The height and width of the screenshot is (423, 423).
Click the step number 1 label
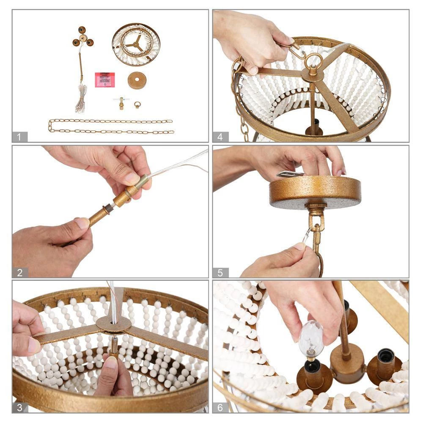(19, 137)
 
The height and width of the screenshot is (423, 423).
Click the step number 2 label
(19, 273)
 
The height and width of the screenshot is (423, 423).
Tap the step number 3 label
(19, 407)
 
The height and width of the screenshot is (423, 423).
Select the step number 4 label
(220, 137)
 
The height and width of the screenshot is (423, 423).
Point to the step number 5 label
(220, 273)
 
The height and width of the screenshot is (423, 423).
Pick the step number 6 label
(220, 407)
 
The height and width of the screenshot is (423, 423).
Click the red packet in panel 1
(104, 80)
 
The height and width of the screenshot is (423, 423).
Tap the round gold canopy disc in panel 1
(137, 80)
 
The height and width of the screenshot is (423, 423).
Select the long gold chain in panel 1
(110, 126)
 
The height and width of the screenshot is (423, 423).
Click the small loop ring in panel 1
(137, 104)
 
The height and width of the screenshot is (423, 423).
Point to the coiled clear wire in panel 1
(81, 99)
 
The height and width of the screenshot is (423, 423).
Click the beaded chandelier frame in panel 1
(136, 44)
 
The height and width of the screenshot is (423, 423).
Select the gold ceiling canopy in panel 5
(315, 192)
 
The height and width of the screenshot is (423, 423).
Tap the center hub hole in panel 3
(113, 323)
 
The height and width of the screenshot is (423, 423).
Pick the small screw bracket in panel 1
(121, 103)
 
